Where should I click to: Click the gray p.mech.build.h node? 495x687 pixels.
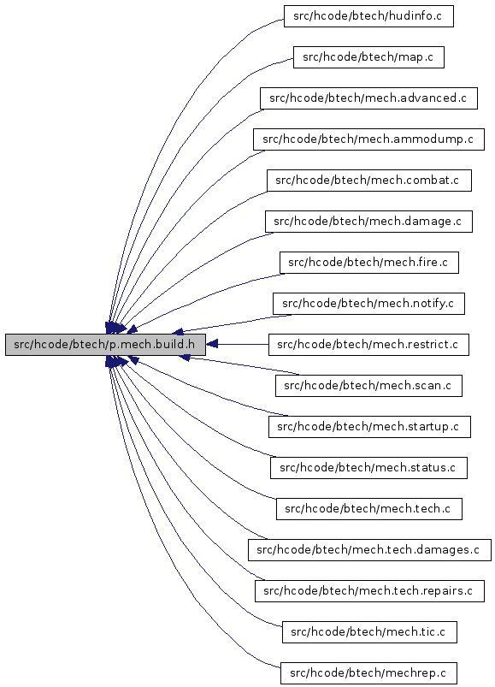(105, 345)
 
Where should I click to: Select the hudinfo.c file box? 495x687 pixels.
(368, 16)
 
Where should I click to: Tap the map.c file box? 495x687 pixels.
(368, 57)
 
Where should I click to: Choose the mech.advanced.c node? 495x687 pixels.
(368, 98)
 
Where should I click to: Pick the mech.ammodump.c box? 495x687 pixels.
(368, 139)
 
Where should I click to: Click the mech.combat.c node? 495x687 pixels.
(369, 181)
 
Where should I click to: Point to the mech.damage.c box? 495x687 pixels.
(368, 222)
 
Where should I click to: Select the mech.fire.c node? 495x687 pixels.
(369, 263)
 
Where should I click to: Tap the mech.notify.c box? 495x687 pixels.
(368, 304)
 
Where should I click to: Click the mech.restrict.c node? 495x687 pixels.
(368, 345)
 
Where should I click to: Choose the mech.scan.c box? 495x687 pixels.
(368, 386)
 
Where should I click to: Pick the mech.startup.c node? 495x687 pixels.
(369, 427)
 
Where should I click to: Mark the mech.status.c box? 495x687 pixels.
(368, 468)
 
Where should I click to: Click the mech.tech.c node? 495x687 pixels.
(369, 509)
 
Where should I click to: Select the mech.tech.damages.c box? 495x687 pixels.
(369, 550)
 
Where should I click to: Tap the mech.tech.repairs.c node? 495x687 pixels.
(369, 591)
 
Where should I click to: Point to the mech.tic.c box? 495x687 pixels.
(369, 631)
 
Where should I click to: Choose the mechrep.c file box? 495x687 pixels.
(368, 673)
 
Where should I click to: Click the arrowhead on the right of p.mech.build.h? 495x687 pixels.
(212, 345)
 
